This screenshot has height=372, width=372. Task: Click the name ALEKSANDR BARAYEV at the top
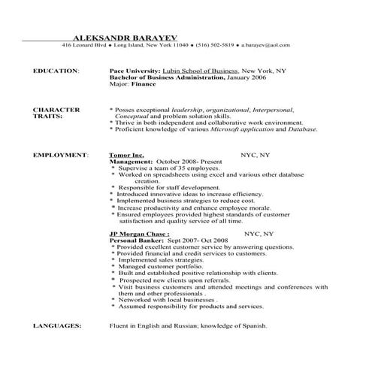[x=129, y=35]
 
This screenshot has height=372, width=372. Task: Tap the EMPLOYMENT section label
[x=60, y=154]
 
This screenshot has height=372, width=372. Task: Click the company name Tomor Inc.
[x=127, y=154]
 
